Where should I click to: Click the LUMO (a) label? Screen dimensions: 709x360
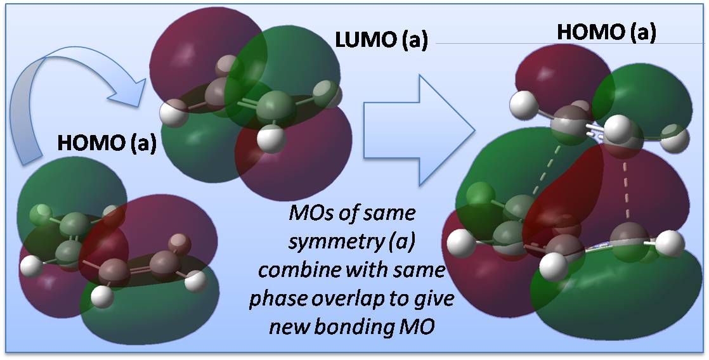[381, 41]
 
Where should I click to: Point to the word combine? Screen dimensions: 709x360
[297, 271]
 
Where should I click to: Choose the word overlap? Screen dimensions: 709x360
[351, 299]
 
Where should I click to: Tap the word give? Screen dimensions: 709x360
[434, 299]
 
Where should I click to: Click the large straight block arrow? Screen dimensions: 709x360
[419, 130]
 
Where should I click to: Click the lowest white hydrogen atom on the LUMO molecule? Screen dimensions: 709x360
[271, 139]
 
